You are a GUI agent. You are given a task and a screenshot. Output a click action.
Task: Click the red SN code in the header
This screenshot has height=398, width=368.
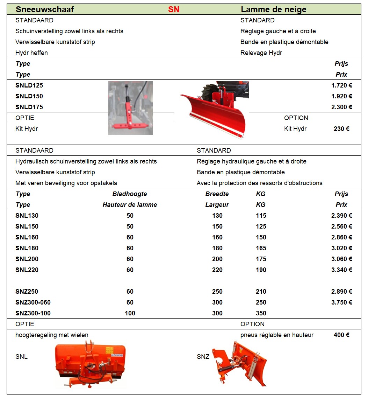pos(174,9)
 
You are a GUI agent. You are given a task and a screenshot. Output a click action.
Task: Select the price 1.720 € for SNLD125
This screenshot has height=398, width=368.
pos(341,85)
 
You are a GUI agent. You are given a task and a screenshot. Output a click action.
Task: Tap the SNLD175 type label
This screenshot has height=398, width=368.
pos(29,107)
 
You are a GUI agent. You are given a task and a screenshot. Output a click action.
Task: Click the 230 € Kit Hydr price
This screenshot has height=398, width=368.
pos(341,129)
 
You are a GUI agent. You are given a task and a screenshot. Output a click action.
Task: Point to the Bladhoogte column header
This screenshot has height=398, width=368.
pos(130,194)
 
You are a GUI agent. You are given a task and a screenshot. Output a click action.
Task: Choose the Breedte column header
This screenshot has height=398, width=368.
pos(217,194)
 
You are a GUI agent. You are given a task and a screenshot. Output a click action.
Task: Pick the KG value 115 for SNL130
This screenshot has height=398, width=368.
pos(261,216)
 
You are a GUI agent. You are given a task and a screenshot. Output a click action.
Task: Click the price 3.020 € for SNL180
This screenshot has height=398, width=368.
pos(341,248)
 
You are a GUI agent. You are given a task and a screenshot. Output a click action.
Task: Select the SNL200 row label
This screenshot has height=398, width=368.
pos(27,259)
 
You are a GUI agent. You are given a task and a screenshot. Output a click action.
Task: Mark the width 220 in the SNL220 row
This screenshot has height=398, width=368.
pos(217,270)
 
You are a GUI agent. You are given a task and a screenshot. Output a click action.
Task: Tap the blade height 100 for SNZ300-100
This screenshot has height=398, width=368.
pos(130,313)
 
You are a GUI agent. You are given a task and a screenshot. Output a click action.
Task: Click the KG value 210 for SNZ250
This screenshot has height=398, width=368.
pos(261,292)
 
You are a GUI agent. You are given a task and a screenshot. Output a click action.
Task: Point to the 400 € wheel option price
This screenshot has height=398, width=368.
pos(341,335)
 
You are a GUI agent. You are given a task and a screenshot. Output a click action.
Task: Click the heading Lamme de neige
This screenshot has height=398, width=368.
pos(274,9)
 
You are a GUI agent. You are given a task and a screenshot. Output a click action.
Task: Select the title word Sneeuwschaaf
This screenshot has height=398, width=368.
pos(45,9)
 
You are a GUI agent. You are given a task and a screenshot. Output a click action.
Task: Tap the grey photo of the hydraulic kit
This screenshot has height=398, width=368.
pos(130,108)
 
